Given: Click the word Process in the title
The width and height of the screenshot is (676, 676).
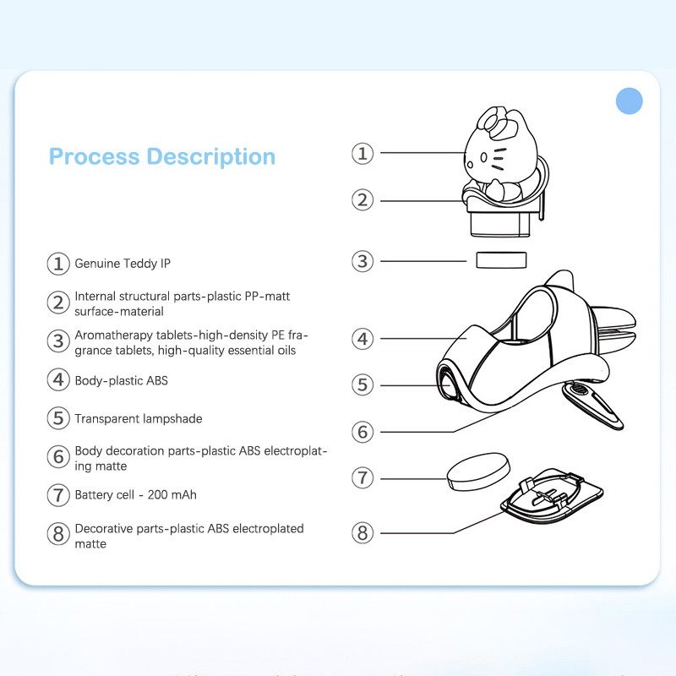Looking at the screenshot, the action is tap(95, 156).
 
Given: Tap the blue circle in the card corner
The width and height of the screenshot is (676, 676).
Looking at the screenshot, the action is tap(629, 101).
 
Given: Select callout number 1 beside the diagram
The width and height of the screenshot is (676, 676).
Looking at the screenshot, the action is tap(363, 154).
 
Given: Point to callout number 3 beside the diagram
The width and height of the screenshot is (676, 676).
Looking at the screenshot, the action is tap(363, 261).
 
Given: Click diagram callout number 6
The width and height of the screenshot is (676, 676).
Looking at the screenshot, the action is tap(363, 432).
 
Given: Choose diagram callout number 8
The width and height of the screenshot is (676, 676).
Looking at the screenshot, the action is tap(363, 533).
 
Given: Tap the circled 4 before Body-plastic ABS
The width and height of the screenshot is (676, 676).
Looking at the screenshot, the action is tap(58, 379).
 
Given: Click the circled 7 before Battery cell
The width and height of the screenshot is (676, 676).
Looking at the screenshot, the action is tap(58, 495).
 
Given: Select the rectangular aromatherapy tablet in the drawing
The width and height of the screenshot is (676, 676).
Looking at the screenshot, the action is tap(501, 260).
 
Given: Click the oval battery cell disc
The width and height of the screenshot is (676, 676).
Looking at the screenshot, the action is tap(478, 472).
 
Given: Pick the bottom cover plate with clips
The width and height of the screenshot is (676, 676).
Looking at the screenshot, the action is tap(552, 497).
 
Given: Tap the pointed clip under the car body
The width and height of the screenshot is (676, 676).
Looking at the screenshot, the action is tap(592, 406).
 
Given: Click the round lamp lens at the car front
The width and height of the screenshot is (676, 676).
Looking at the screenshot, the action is tap(448, 383).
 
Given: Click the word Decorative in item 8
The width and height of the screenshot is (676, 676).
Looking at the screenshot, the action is tap(103, 529).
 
